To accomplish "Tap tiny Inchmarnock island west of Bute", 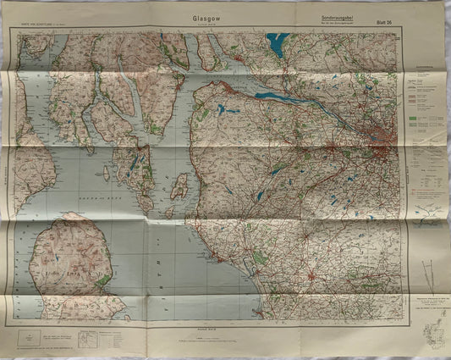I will coord(106,174).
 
